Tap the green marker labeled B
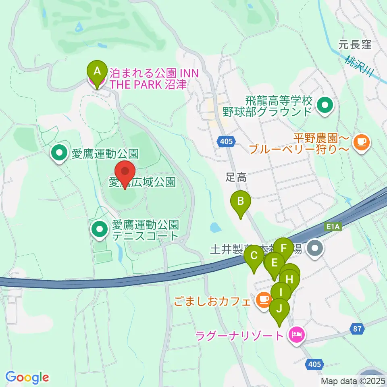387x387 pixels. pyautogui.click(x=240, y=201)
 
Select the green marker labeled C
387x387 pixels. pyautogui.click(x=254, y=256)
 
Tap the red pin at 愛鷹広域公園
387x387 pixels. pyautogui.click(x=125, y=172)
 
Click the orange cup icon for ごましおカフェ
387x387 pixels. pyautogui.click(x=263, y=300)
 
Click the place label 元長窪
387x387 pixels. pyautogui.click(x=355, y=45)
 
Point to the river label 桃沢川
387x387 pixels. pyautogui.click(x=360, y=67)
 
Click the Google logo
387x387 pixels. pyautogui.click(x=27, y=377)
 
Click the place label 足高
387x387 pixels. pyautogui.click(x=235, y=177)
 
